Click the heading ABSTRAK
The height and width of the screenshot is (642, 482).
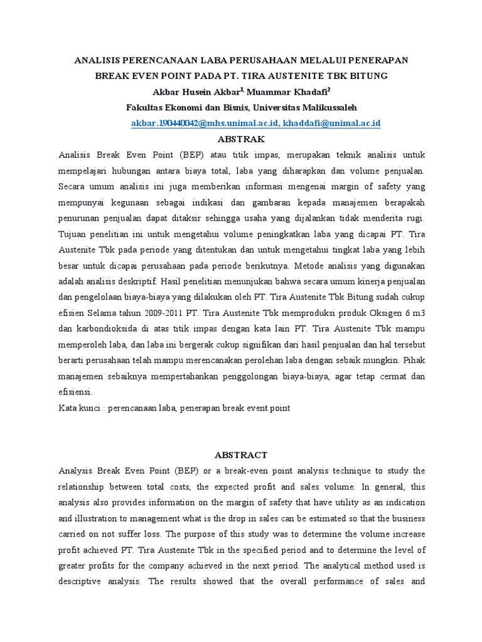pos(240,139)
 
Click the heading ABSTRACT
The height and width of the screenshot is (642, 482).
pos(240,455)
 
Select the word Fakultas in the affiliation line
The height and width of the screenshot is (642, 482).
pos(146,107)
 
